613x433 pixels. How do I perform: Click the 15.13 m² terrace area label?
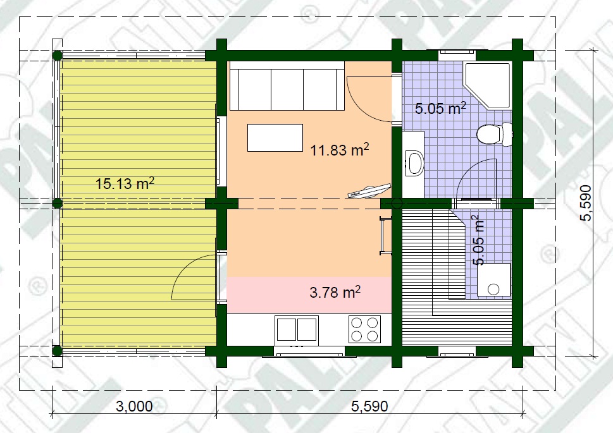click(125, 183)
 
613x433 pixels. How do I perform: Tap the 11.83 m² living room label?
click(339, 149)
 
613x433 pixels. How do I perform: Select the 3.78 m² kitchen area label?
click(335, 291)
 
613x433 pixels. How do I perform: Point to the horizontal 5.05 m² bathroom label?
click(440, 108)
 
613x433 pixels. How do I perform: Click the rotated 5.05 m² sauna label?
click(478, 240)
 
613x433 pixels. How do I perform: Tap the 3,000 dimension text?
click(134, 406)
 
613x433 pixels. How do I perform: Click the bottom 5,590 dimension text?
click(369, 406)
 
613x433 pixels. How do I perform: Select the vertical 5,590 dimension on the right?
click(585, 203)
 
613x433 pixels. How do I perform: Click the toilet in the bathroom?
click(494, 134)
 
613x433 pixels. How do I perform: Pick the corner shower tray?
click(487, 85)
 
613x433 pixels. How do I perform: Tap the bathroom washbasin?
click(414, 163)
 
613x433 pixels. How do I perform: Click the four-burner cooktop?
click(364, 329)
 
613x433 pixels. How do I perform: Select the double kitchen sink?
click(297, 329)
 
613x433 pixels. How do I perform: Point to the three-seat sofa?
click(287, 86)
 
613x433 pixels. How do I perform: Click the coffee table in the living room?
click(275, 138)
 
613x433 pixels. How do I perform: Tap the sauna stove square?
click(494, 279)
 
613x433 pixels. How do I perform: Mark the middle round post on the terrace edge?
click(58, 203)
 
